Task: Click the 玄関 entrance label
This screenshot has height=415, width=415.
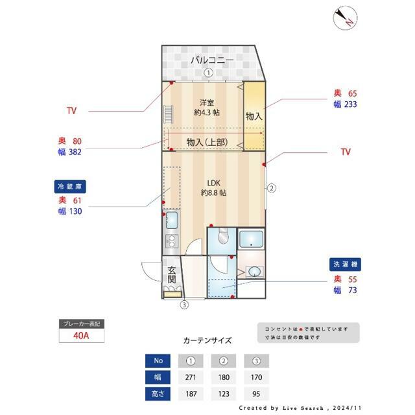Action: coord(172,275)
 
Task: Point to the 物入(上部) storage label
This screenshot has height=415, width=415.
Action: coord(206,142)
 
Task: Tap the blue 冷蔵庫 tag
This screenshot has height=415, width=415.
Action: coord(71,187)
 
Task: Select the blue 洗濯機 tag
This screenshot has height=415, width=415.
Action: coord(344,265)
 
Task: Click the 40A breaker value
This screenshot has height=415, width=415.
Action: coord(82,337)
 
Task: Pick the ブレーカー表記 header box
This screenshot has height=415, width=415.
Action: coord(82,324)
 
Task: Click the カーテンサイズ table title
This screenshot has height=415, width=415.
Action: coord(207,340)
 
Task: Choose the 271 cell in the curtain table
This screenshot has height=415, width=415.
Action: coord(191,377)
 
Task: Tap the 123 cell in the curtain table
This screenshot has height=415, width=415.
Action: coord(224,393)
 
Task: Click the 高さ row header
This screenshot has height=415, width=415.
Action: coord(158,393)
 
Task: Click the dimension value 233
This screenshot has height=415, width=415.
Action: coord(351,104)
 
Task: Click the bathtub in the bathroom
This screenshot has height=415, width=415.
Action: coord(251,240)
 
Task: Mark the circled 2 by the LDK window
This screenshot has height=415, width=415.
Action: coord(272,189)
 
